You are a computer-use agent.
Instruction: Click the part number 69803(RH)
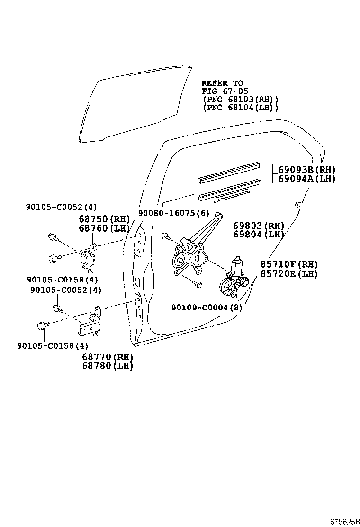[x=259, y=226]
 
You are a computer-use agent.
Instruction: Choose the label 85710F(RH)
[x=289, y=264]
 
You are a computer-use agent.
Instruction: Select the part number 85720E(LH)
[x=289, y=274]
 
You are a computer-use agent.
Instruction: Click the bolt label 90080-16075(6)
[x=173, y=214]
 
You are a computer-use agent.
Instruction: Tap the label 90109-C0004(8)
[x=207, y=308]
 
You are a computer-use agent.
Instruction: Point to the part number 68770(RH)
[x=108, y=357]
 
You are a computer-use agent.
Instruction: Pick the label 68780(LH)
[x=108, y=366]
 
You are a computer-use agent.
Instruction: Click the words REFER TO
[x=222, y=83]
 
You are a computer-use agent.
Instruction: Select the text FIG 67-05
[x=225, y=91]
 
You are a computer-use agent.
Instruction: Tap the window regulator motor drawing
[x=234, y=279]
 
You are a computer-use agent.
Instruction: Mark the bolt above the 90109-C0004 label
[x=198, y=284]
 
